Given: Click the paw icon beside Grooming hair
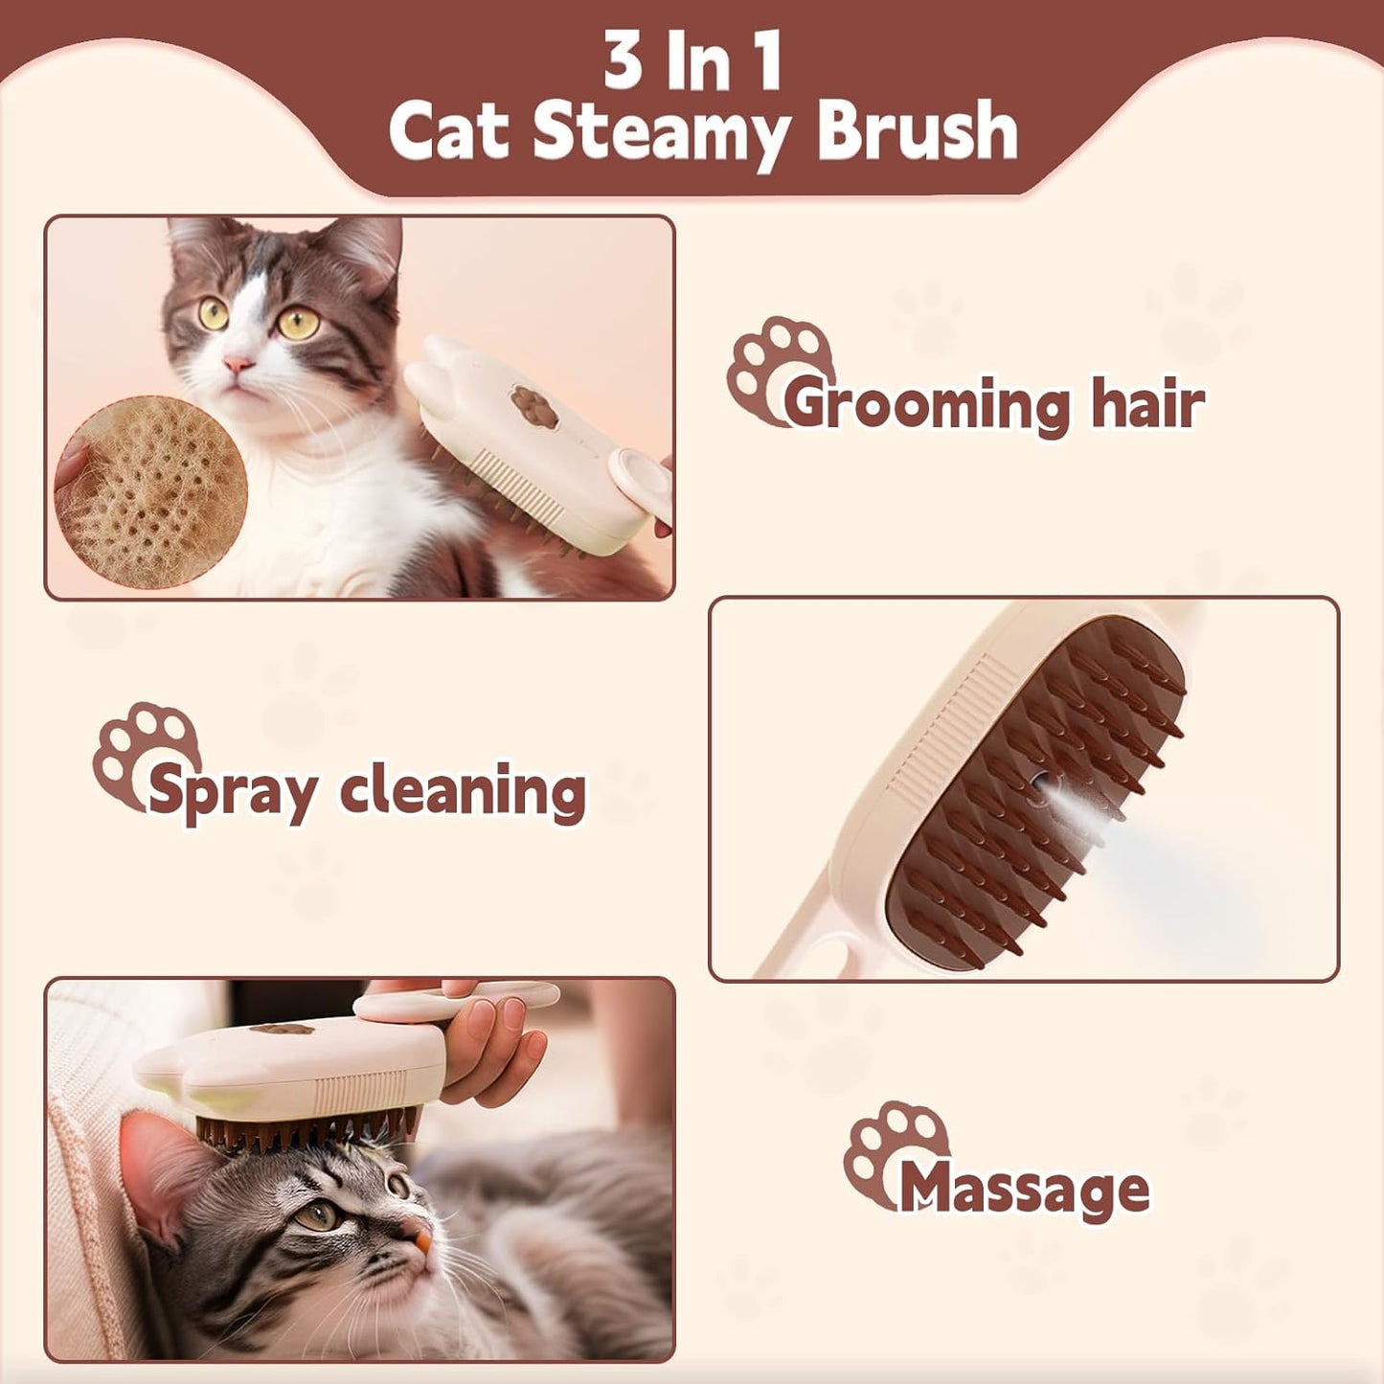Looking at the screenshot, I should coord(777,366).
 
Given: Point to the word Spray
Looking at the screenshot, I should coord(233,793).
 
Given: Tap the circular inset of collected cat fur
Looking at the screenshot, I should coord(150,491).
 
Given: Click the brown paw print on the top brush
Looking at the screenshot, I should coord(533,406).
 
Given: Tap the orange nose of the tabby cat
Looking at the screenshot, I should coord(421,1241).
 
